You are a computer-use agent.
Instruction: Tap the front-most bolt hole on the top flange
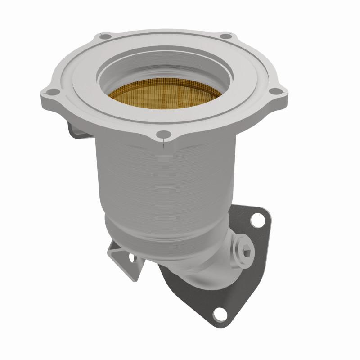pos(165,134)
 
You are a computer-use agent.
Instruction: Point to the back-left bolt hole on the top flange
pos(105,36)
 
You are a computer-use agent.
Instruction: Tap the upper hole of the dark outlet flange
pos(257,220)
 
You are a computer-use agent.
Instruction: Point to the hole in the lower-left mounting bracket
pos(132,259)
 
